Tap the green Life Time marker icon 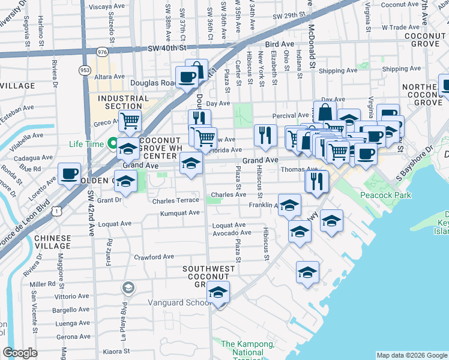click(112, 143)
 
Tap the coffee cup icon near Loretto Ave click(70, 174)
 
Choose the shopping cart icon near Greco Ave click(130, 121)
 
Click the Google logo click(20, 353)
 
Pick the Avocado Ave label click(231, 232)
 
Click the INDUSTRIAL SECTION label click(123, 102)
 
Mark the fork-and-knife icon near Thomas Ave click(317, 180)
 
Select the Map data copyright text click(412, 355)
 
